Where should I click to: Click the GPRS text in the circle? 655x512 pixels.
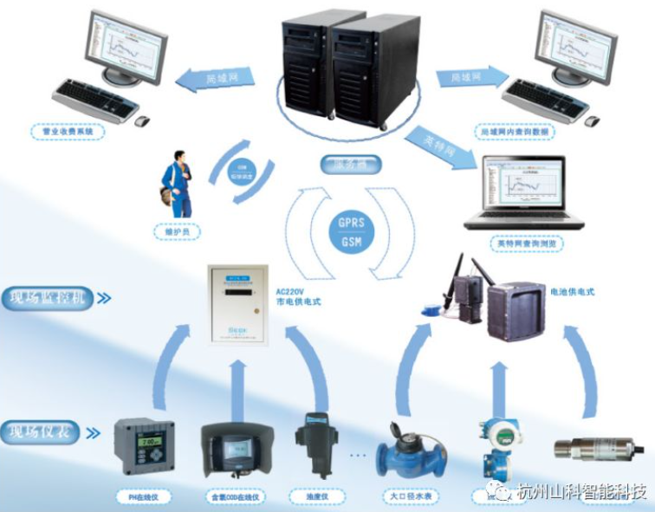351,223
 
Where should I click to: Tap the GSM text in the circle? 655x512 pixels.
351,243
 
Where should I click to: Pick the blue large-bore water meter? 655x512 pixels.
410,450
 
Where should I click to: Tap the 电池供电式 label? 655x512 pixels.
572,293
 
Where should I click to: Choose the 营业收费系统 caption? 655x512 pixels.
67,133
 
